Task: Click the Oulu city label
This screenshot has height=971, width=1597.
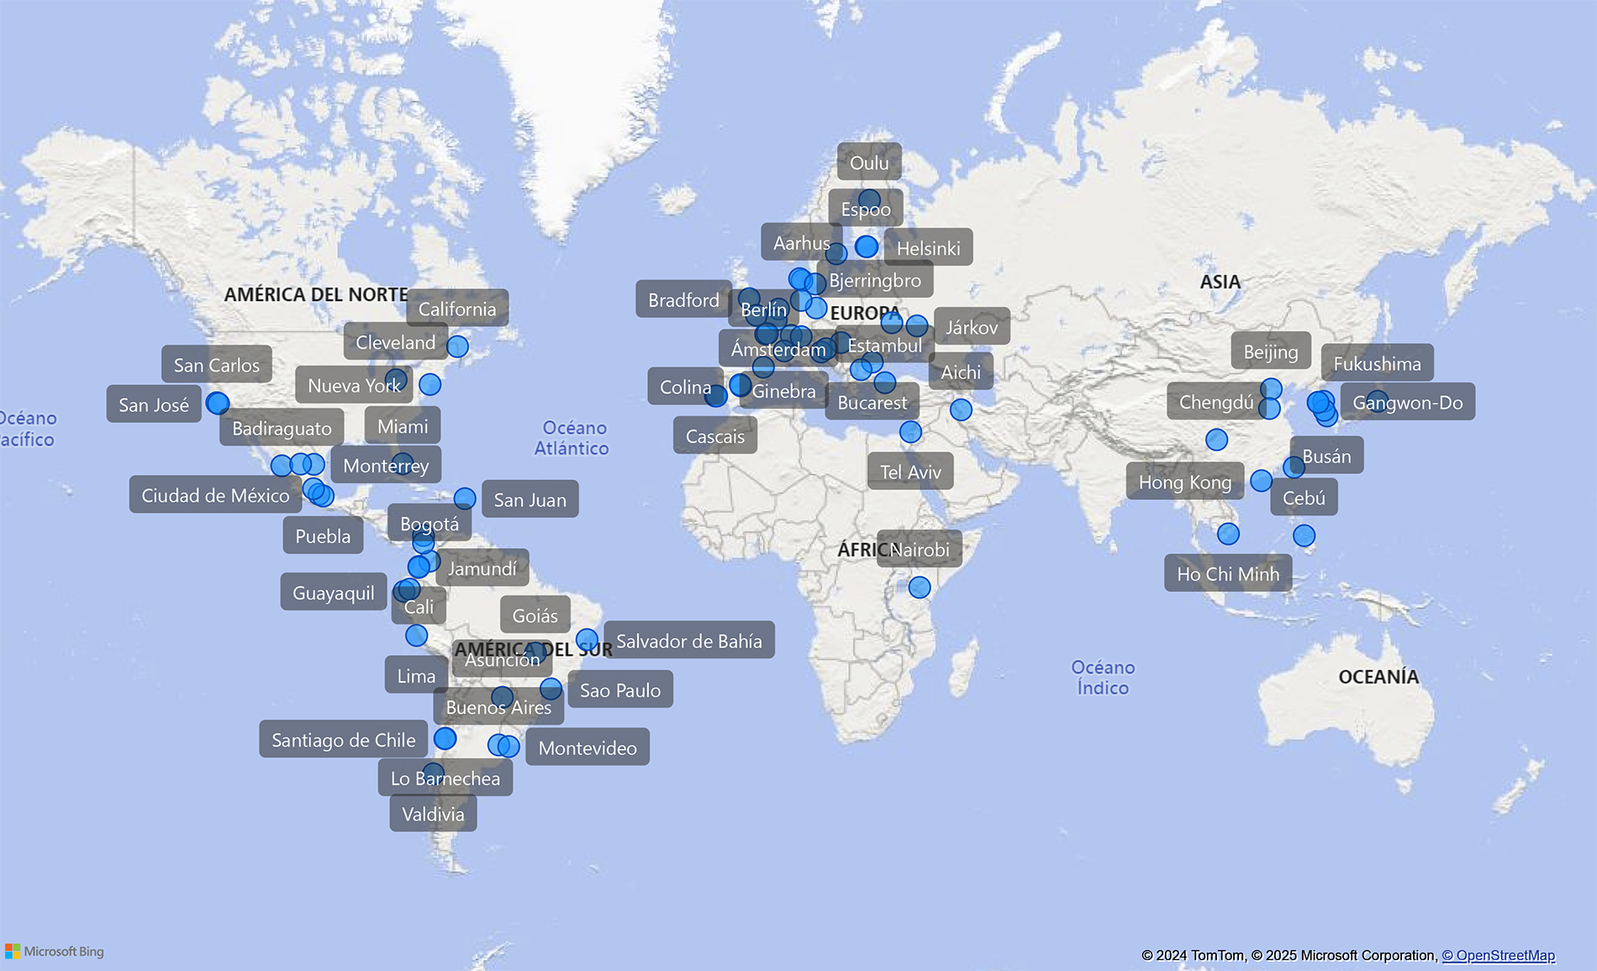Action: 869,162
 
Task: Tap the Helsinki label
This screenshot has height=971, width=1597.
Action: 928,248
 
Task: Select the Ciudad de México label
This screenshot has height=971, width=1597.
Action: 215,495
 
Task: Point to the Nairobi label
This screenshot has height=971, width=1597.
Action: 920,550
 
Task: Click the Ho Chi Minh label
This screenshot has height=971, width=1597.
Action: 1228,574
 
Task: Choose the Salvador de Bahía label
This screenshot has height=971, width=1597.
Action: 689,641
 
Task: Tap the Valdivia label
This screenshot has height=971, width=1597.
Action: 433,814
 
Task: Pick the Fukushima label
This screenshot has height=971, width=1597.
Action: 1377,364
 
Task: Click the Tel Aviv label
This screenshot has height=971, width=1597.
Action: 910,472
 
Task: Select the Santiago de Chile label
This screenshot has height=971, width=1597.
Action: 343,740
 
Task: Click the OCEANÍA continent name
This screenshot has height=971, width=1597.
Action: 1378,677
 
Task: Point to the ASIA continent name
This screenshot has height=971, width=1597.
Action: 1220,282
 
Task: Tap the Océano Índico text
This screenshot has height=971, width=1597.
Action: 1103,678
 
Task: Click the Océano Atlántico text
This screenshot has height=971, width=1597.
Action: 572,438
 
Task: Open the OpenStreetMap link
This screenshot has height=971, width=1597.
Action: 1499,955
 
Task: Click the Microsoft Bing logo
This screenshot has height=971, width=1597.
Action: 55,952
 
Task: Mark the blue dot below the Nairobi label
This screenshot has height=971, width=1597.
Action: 920,587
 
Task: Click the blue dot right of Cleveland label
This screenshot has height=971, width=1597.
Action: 457,346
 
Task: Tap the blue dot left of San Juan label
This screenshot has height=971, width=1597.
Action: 465,499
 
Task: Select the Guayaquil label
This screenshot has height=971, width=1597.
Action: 333,593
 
